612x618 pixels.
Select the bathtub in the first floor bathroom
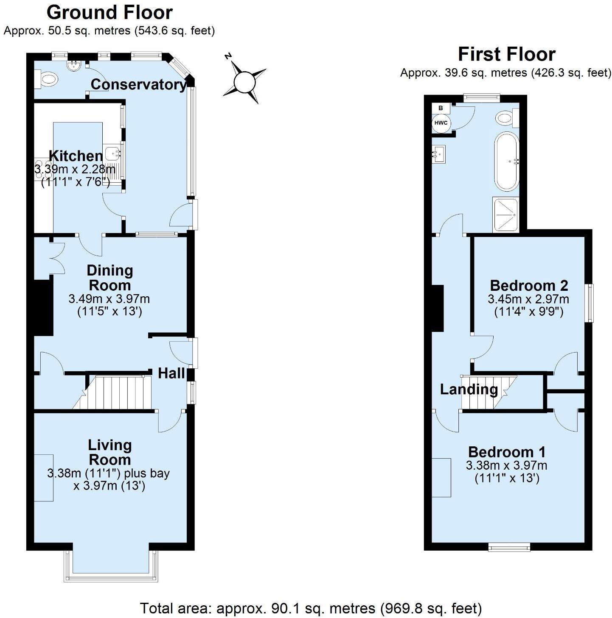(506, 161)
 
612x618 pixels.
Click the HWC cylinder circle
(441, 123)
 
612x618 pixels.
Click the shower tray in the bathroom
(505, 214)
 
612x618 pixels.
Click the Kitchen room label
(76, 156)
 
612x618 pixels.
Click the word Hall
(171, 373)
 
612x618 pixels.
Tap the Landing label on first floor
(469, 389)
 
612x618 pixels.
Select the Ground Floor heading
(109, 13)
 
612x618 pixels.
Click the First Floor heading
(506, 54)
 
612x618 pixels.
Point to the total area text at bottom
(311, 608)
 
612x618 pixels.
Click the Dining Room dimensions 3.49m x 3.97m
(109, 299)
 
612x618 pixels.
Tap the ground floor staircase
(117, 393)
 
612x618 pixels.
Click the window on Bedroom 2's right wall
(590, 303)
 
